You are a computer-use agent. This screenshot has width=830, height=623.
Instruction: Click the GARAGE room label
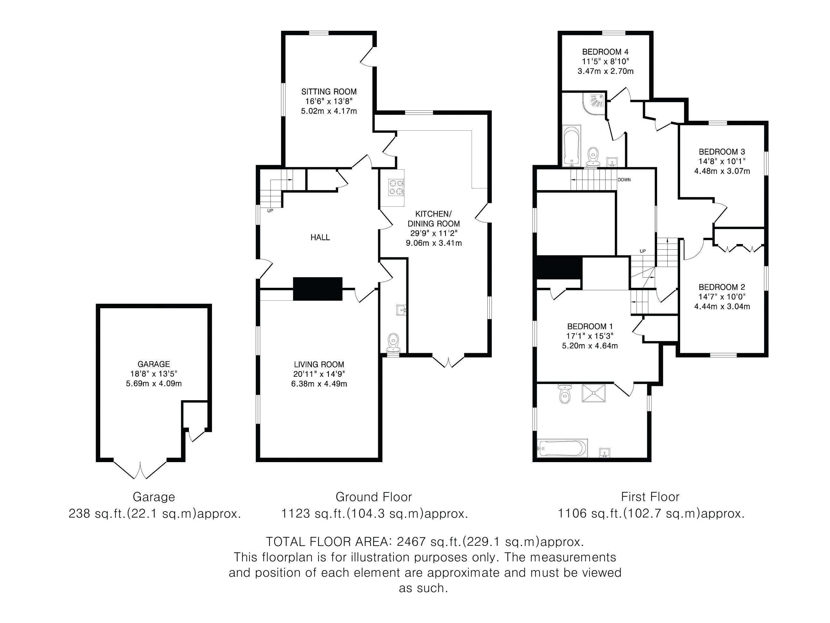(154, 364)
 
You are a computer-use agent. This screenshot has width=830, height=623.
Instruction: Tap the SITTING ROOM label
(329, 92)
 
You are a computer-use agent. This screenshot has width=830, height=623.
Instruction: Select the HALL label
(320, 237)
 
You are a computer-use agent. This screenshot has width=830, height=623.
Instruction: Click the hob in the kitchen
(396, 188)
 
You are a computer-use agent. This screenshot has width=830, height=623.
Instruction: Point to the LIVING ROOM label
(319, 364)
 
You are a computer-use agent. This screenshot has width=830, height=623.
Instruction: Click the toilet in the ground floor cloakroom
(393, 343)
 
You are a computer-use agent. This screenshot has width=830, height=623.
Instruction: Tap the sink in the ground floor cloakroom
(402, 310)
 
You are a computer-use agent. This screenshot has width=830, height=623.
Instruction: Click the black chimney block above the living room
(317, 289)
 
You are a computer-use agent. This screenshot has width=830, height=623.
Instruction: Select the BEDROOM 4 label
(605, 52)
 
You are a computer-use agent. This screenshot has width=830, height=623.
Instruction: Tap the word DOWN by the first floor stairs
(624, 180)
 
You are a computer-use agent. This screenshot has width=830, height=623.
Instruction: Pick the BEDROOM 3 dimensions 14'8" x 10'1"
(722, 162)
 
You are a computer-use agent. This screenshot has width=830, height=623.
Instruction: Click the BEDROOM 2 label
(722, 287)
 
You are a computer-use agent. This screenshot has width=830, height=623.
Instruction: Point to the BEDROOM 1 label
(590, 326)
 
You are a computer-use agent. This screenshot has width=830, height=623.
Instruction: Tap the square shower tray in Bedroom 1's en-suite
(594, 393)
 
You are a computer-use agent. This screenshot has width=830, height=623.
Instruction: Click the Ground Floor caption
(374, 497)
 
